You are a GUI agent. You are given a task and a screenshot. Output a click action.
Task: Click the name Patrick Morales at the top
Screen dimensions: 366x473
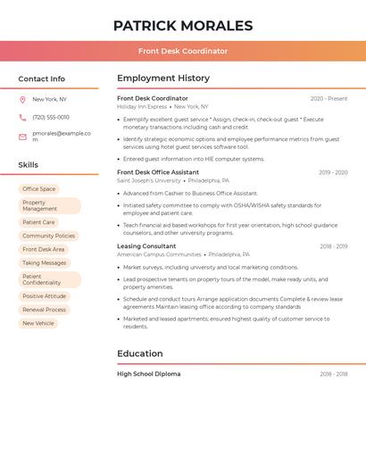pos(182,26)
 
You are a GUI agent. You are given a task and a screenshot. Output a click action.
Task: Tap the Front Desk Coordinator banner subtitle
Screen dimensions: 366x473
pos(182,51)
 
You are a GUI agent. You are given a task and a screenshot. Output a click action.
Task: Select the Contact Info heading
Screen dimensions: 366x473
pos(41,79)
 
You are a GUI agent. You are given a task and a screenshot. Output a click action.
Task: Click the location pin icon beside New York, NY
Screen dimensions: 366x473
pos(22,99)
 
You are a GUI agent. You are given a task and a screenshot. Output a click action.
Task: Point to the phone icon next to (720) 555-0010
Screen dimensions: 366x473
pos(22,117)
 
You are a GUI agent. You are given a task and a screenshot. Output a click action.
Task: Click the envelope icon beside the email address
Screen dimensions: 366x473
pos(22,137)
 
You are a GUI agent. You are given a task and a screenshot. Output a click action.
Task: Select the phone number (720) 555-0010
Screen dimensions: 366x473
pos(51,117)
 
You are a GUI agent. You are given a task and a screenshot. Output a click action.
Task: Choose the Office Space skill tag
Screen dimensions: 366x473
pos(39,189)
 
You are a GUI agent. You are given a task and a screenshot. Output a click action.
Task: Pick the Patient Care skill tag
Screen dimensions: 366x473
pos(38,222)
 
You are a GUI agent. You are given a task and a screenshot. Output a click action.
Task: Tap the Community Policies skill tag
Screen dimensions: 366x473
pos(49,236)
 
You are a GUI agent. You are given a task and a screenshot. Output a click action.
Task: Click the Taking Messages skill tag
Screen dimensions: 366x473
pos(45,263)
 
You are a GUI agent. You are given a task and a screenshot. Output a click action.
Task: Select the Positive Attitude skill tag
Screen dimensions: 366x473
pos(45,296)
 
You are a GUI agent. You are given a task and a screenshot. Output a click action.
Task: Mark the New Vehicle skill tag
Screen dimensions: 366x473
pos(38,323)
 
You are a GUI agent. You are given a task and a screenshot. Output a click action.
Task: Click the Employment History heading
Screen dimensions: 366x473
pos(163,79)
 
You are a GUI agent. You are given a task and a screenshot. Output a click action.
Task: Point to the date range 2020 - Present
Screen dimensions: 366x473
pos(329,99)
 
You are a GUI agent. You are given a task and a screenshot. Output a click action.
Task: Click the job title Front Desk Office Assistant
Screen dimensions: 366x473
pos(158,172)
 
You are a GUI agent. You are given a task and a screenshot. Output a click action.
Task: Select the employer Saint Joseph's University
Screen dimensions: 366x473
pos(148,180)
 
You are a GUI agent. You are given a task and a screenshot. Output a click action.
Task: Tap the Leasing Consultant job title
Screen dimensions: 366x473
pos(146,246)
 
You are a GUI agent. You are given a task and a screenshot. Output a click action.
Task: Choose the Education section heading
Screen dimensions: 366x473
pos(140,353)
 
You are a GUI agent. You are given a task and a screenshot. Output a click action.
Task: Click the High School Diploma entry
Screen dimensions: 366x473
pos(148,374)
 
